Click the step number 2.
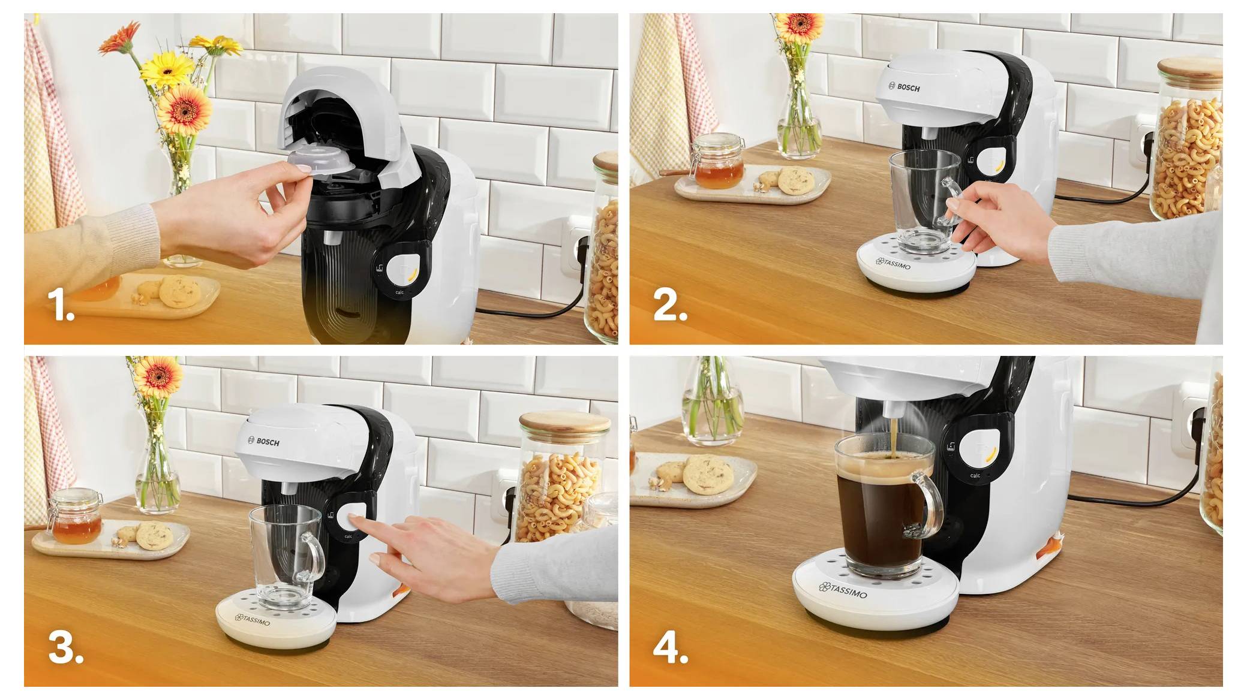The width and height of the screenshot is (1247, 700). pos(669,304)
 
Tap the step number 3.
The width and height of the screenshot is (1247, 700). pos(65,647)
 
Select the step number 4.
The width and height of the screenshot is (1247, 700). pos(671,647)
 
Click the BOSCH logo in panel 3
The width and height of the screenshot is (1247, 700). pos(264,442)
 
